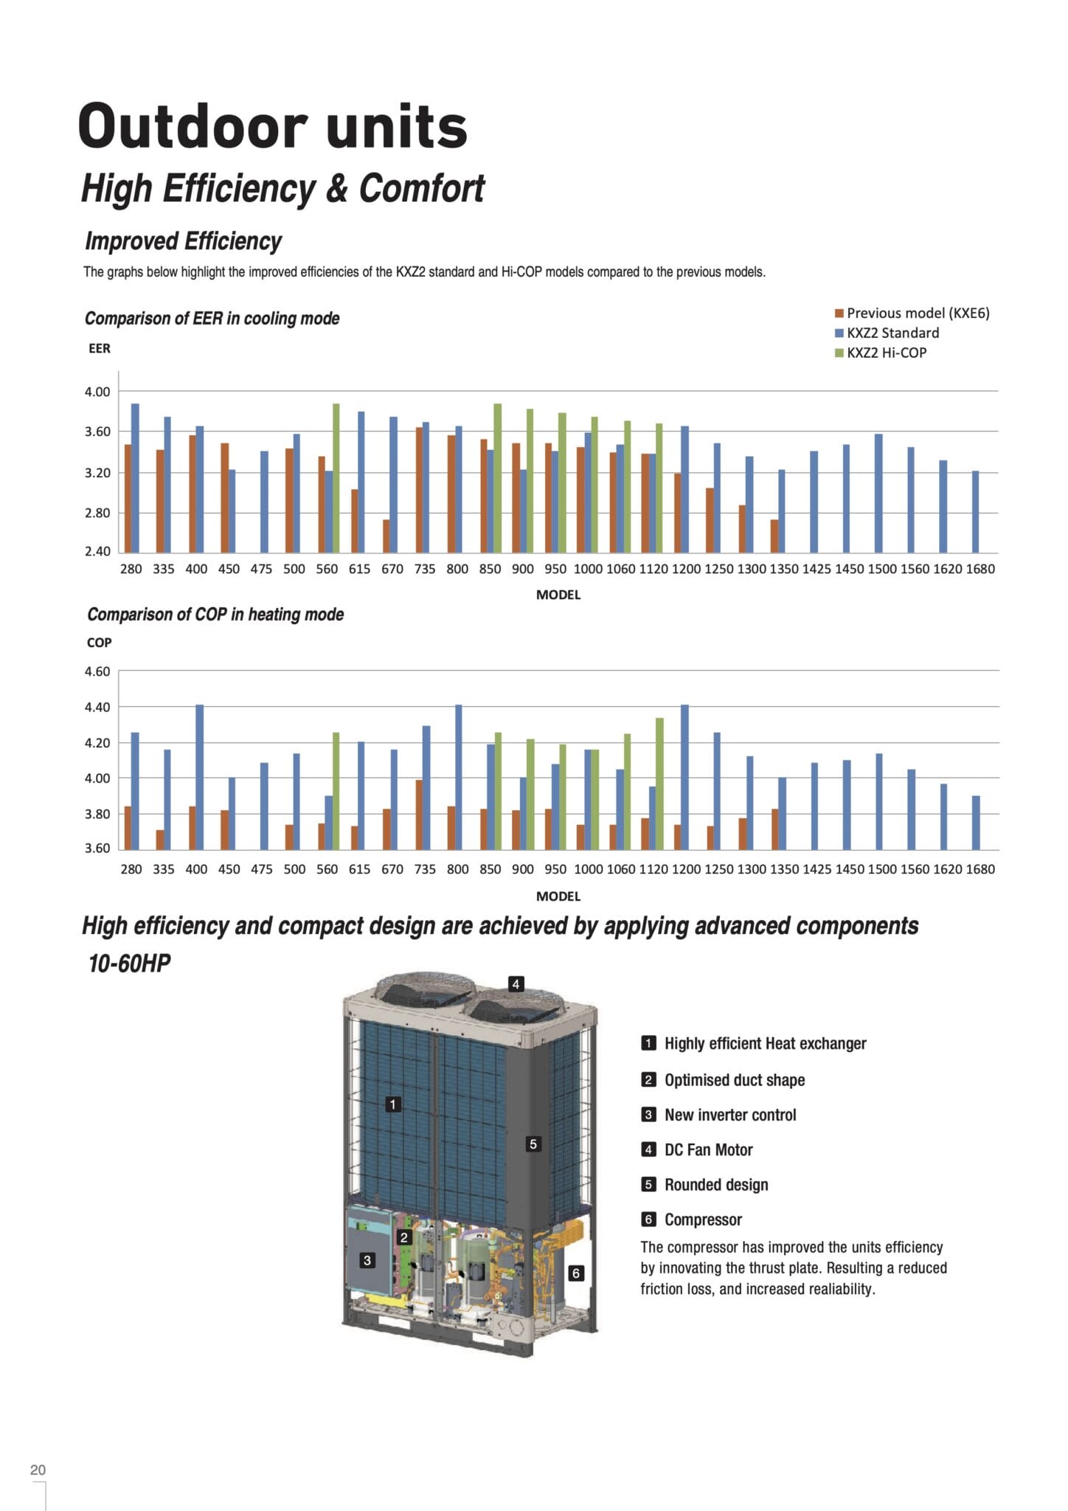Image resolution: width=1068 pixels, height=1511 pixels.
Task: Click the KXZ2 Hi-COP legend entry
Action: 881,353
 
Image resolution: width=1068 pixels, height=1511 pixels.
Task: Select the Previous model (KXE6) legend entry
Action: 912,313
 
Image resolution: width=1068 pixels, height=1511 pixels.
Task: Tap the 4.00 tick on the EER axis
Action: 97,392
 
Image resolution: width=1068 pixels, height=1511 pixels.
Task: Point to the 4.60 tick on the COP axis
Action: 97,671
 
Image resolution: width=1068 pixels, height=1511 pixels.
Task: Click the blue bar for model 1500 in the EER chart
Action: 878,494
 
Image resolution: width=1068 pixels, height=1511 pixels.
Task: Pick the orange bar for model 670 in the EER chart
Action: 386,536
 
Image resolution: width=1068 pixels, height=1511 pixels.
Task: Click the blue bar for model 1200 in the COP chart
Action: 684,778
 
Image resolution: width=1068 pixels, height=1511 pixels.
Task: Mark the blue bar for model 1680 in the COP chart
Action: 976,823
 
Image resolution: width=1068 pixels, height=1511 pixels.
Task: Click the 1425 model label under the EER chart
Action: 816,569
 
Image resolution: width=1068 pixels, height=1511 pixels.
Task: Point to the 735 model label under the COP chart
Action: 425,869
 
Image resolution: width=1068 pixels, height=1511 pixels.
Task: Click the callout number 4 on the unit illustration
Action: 516,983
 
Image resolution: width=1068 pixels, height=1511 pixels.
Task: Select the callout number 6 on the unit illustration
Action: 576,1273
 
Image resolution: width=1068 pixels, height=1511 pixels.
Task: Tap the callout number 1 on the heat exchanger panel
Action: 393,1104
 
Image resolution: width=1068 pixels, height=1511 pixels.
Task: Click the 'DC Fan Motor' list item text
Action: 709,1149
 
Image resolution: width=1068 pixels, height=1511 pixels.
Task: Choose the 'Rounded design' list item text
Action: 716,1185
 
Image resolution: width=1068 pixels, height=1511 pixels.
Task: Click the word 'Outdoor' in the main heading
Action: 193,125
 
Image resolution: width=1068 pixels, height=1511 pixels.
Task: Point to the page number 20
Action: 38,1470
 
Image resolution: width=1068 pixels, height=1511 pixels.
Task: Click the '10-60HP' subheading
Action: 129,964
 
